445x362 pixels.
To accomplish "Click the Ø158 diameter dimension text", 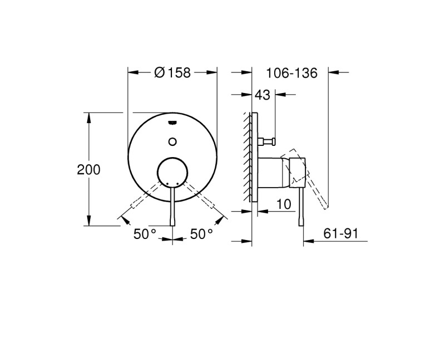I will (172, 73).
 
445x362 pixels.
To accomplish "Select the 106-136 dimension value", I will (291, 73).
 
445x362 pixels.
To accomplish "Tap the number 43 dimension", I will (263, 96).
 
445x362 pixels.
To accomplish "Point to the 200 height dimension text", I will (88, 170).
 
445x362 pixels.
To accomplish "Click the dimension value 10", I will (284, 204).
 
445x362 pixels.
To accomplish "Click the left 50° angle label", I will (145, 234).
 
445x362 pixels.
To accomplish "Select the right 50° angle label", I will (201, 234).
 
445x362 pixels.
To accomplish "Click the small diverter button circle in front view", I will (172, 141).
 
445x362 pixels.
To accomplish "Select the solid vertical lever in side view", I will (303, 206).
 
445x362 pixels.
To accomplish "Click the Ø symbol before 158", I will (159, 73).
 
